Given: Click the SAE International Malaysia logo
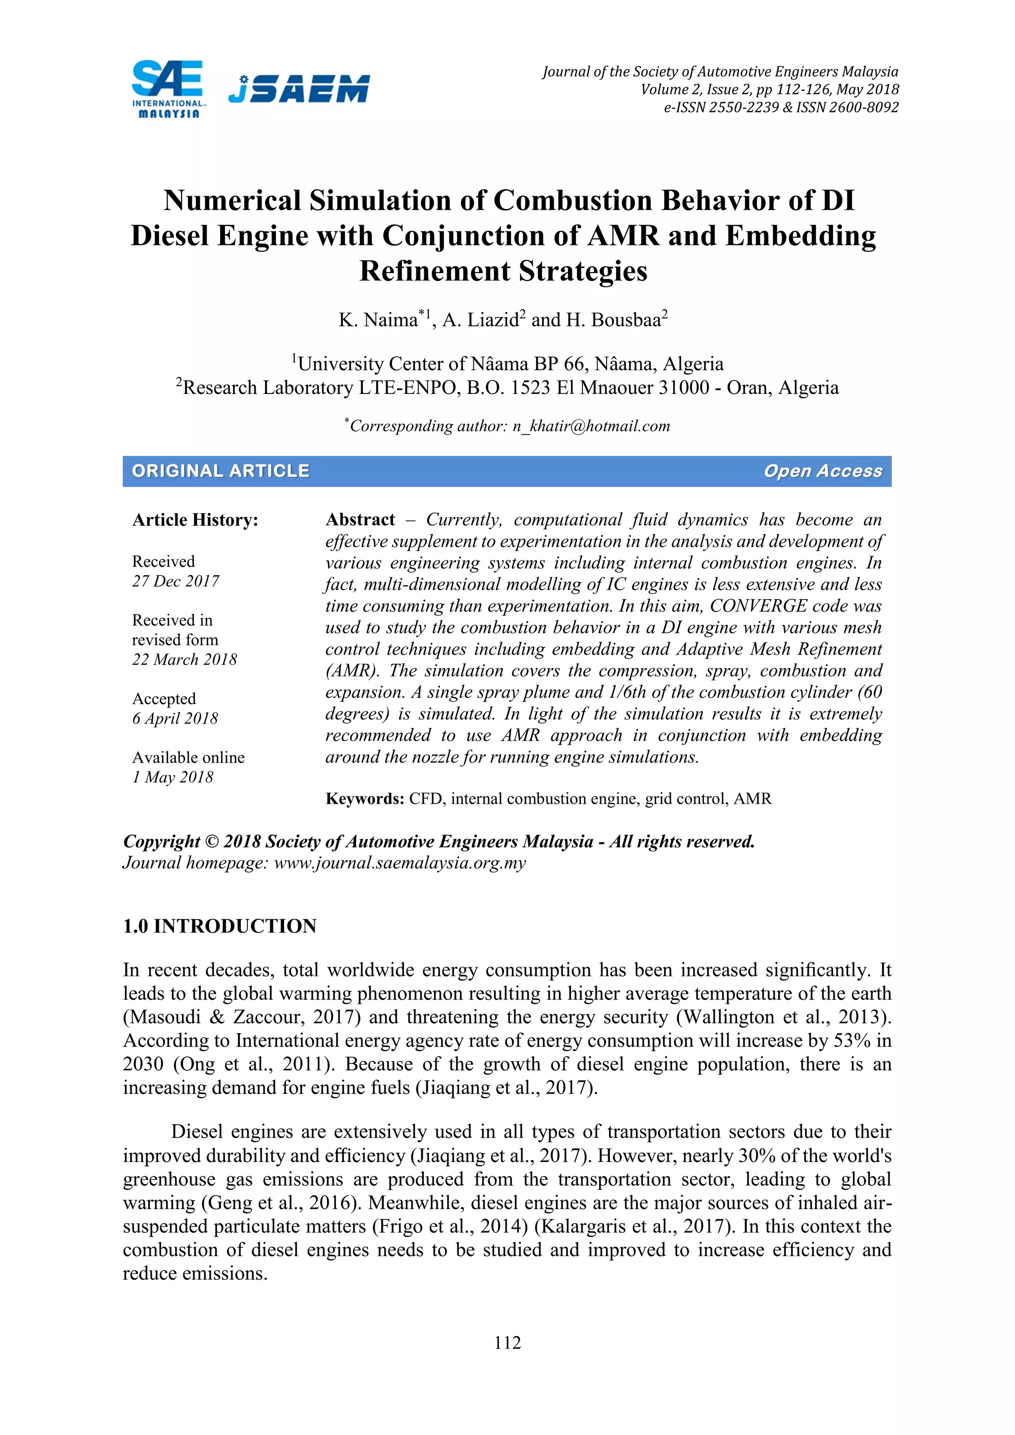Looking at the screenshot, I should (x=167, y=89).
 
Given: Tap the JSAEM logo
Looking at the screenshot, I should (x=299, y=89).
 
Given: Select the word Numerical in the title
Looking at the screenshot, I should (x=232, y=201).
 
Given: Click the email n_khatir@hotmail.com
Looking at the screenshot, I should (x=591, y=426).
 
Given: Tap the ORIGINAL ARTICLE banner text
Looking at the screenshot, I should (x=221, y=471).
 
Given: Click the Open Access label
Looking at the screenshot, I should (x=823, y=471).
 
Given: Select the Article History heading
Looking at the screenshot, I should (x=195, y=520).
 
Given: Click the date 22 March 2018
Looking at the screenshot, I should (x=184, y=660).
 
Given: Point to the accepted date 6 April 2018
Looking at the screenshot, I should (x=175, y=718).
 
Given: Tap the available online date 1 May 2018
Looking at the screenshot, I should (x=172, y=777).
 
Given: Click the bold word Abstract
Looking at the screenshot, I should (x=360, y=520).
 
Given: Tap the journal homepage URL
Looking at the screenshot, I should (x=400, y=863).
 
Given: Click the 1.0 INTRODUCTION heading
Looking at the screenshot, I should (x=220, y=926).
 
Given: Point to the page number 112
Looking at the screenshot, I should (x=507, y=1342).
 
